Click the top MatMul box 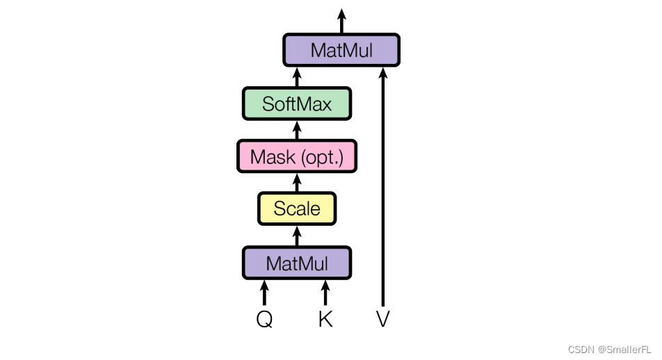pyautogui.click(x=341, y=50)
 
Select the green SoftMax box pyautogui.click(x=297, y=104)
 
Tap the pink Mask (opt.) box pyautogui.click(x=297, y=157)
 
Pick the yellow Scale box pyautogui.click(x=297, y=208)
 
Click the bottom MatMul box pyautogui.click(x=297, y=263)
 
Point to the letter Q pyautogui.click(x=264, y=319)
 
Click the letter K pyautogui.click(x=325, y=319)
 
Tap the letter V pyautogui.click(x=382, y=319)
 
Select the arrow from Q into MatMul pyautogui.click(x=264, y=293)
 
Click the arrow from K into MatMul pyautogui.click(x=325, y=293)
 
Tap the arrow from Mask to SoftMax pyautogui.click(x=297, y=130)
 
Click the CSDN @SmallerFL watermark pyautogui.click(x=610, y=348)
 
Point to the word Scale pyautogui.click(x=297, y=208)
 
